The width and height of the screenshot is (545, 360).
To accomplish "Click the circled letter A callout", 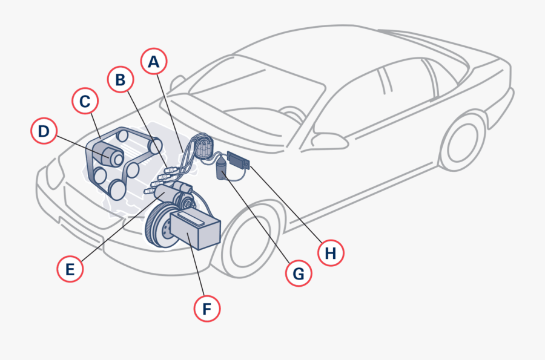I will pos(154,62).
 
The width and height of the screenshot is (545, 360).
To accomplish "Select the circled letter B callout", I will pos(121,79).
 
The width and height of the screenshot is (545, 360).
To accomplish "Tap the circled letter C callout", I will pos(85,101).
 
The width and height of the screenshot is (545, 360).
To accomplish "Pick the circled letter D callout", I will pos(44,131).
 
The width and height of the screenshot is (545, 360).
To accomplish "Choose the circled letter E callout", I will pos(70,269).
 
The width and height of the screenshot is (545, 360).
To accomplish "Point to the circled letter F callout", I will pos(206,309).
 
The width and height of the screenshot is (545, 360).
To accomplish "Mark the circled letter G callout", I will pos(298,273).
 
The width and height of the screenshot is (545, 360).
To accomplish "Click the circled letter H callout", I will pos(331,253).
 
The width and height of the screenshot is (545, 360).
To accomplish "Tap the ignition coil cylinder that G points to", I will pos(222,166).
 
